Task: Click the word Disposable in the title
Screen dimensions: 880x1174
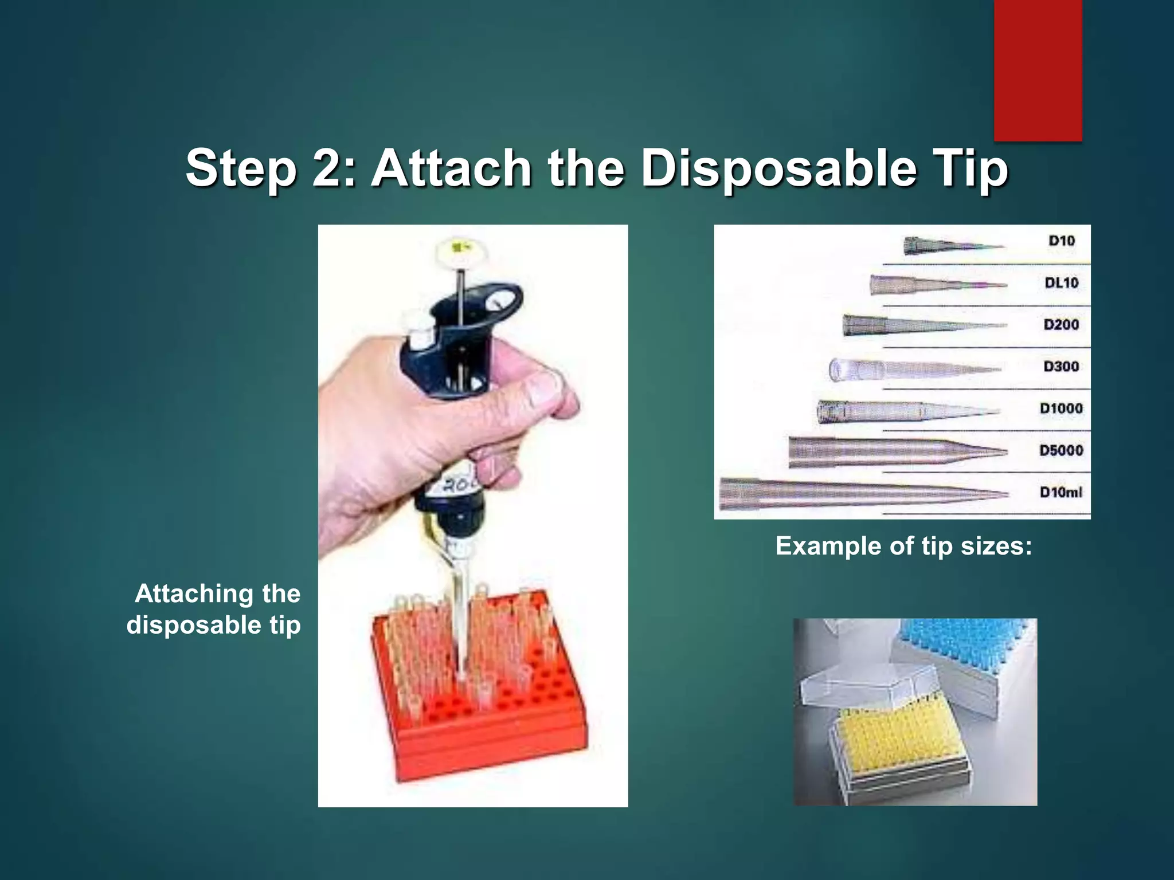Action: pyautogui.click(x=778, y=168)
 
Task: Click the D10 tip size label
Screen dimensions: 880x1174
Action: pyautogui.click(x=1062, y=241)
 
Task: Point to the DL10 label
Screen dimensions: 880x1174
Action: pyautogui.click(x=1062, y=282)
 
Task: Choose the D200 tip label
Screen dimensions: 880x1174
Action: pyautogui.click(x=1062, y=324)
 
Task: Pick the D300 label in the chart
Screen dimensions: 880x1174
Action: pyautogui.click(x=1062, y=366)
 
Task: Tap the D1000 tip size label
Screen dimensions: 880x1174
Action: pyautogui.click(x=1062, y=408)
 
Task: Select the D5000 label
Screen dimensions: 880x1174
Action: pyautogui.click(x=1062, y=450)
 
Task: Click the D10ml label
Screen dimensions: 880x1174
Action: pyautogui.click(x=1062, y=492)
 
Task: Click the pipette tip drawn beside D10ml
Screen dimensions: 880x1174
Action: pyautogui.click(x=860, y=493)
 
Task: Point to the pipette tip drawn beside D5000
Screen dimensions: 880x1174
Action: pyautogui.click(x=894, y=451)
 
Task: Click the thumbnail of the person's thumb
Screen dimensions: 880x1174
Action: pyautogui.click(x=541, y=389)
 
